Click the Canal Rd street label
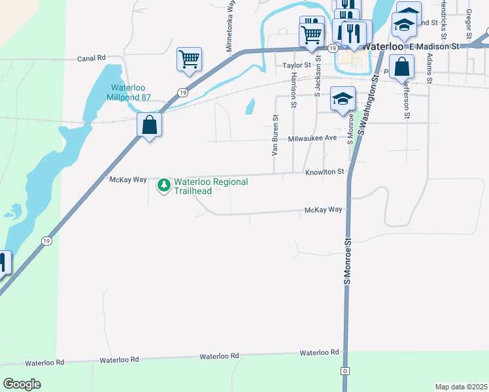click(x=92, y=58)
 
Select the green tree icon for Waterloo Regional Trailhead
click(x=163, y=186)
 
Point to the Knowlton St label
click(x=324, y=172)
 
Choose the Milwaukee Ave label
click(x=312, y=138)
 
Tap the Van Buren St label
click(x=275, y=136)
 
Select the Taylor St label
click(x=296, y=66)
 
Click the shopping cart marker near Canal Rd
click(x=189, y=59)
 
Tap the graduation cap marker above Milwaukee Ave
click(x=343, y=99)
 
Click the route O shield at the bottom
click(x=345, y=371)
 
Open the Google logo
click(x=22, y=384)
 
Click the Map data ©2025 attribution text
click(x=461, y=387)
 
